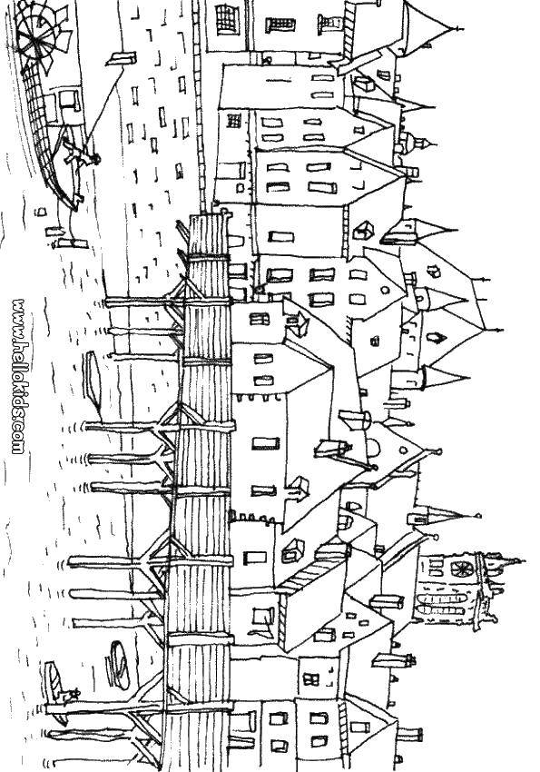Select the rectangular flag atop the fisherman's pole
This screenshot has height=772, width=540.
tap(122, 59)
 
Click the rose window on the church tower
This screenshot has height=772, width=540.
tap(461, 569)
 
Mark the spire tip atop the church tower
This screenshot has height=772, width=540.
tap(525, 560)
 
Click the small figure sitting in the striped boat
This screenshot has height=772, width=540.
tap(73, 694)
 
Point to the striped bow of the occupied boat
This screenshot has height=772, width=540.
tap(54, 678)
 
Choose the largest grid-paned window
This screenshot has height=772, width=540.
tap(228, 19)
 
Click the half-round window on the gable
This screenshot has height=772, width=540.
tap(373, 448)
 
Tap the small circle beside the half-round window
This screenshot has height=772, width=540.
tap(403, 450)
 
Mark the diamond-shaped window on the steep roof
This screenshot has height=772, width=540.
tap(437, 337)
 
